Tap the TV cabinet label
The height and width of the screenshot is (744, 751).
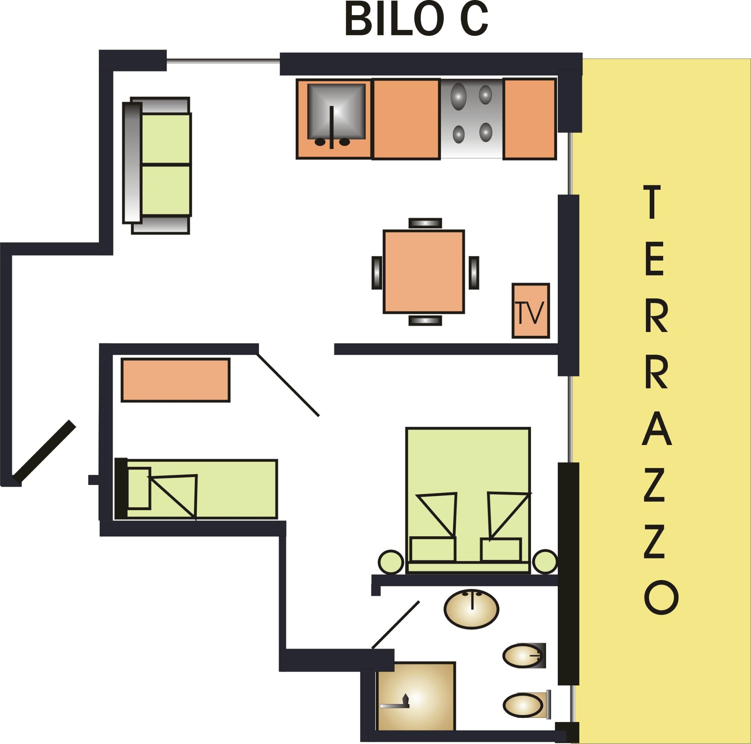[530, 312]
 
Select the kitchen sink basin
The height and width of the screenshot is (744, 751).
[337, 112]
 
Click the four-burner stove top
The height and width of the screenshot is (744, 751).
[472, 118]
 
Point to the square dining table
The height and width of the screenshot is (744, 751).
[424, 272]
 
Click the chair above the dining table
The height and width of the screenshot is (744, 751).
[425, 223]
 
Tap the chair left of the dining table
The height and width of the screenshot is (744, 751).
[377, 273]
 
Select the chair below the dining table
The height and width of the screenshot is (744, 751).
[425, 321]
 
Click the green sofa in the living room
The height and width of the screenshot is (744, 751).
[157, 165]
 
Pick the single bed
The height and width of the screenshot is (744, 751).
[196, 489]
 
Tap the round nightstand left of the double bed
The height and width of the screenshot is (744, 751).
[391, 562]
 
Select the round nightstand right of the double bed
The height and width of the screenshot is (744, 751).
[545, 562]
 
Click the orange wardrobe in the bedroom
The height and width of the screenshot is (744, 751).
[176, 380]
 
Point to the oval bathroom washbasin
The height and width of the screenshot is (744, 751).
[472, 609]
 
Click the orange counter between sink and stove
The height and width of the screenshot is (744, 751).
[406, 119]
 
